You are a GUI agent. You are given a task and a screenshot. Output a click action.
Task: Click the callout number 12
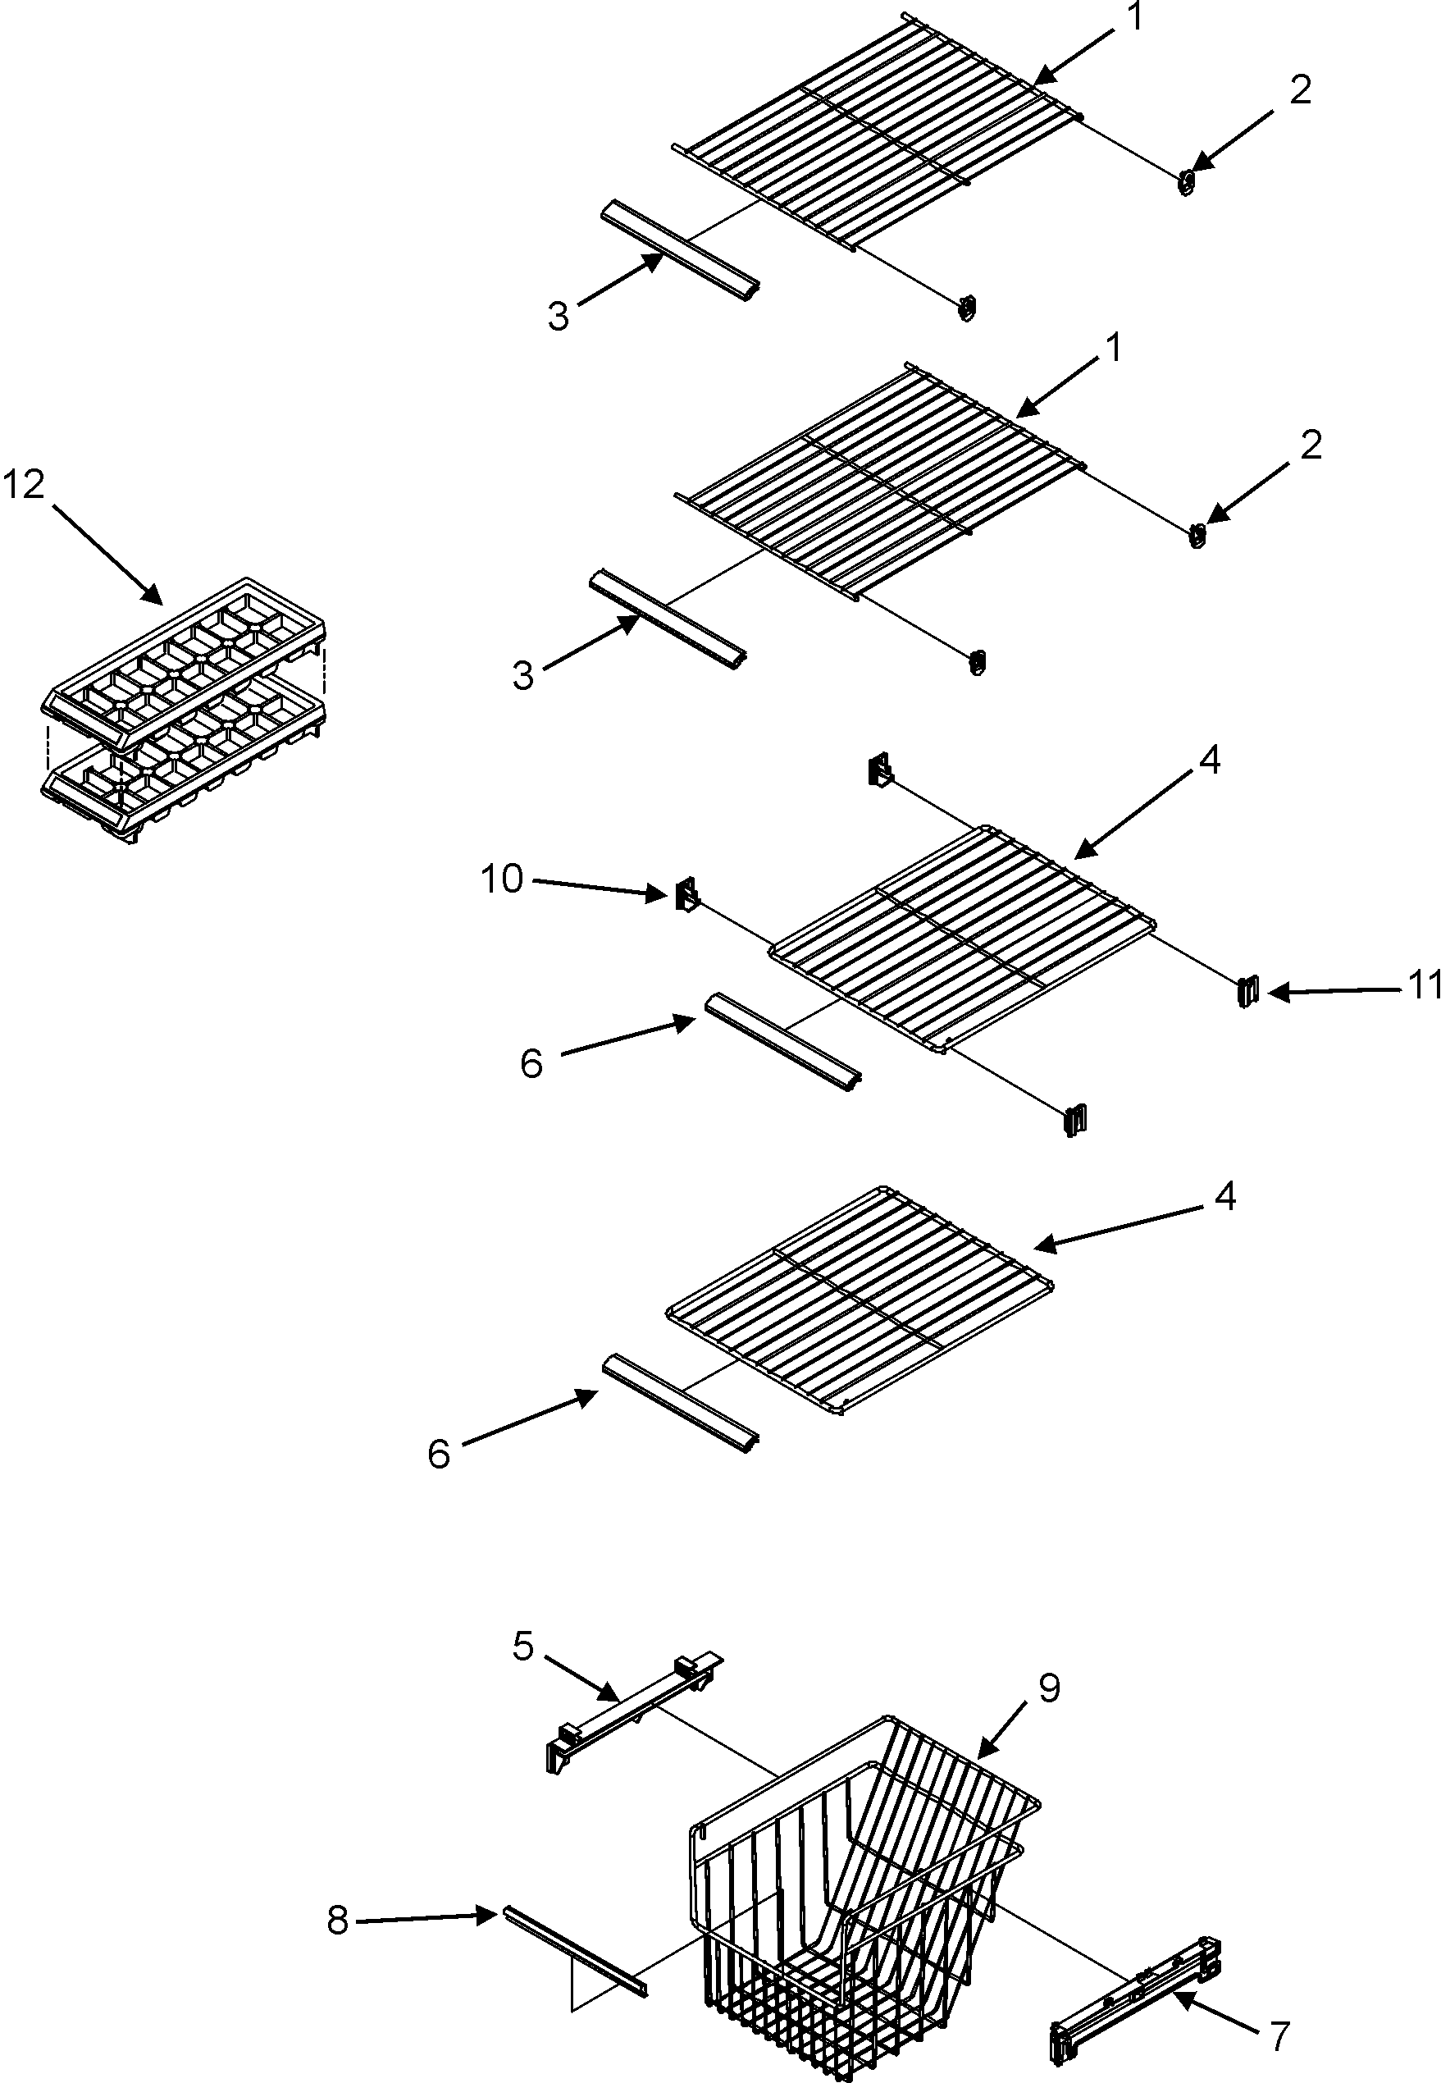click(x=24, y=486)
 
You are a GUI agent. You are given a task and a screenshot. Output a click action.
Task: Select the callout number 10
click(x=501, y=879)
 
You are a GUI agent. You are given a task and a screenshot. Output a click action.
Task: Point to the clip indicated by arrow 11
click(x=1247, y=991)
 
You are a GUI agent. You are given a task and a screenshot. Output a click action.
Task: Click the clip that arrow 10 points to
click(x=686, y=895)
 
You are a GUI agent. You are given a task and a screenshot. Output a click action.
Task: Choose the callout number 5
click(x=524, y=1646)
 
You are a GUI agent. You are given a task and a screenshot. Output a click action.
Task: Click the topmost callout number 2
click(x=1300, y=89)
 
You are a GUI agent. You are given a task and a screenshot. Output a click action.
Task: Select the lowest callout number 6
click(x=439, y=1455)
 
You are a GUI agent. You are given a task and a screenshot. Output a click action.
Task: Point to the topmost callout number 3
click(x=559, y=317)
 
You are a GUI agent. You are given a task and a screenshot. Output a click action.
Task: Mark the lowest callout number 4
click(x=1224, y=1196)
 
